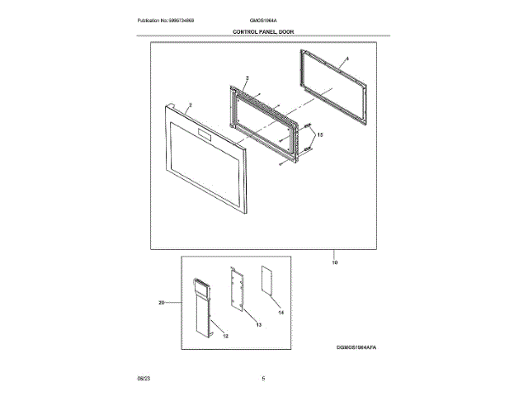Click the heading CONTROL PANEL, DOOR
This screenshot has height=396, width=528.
click(263, 31)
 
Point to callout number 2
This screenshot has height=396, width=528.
click(191, 106)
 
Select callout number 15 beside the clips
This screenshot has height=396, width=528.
click(322, 134)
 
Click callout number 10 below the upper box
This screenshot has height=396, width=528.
click(335, 262)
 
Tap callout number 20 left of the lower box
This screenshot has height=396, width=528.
click(163, 303)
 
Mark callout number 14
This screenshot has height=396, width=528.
click(280, 313)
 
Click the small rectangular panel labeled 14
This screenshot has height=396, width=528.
click(267, 280)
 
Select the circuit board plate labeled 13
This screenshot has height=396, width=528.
click(238, 289)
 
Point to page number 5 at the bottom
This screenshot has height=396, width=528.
click(263, 378)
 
